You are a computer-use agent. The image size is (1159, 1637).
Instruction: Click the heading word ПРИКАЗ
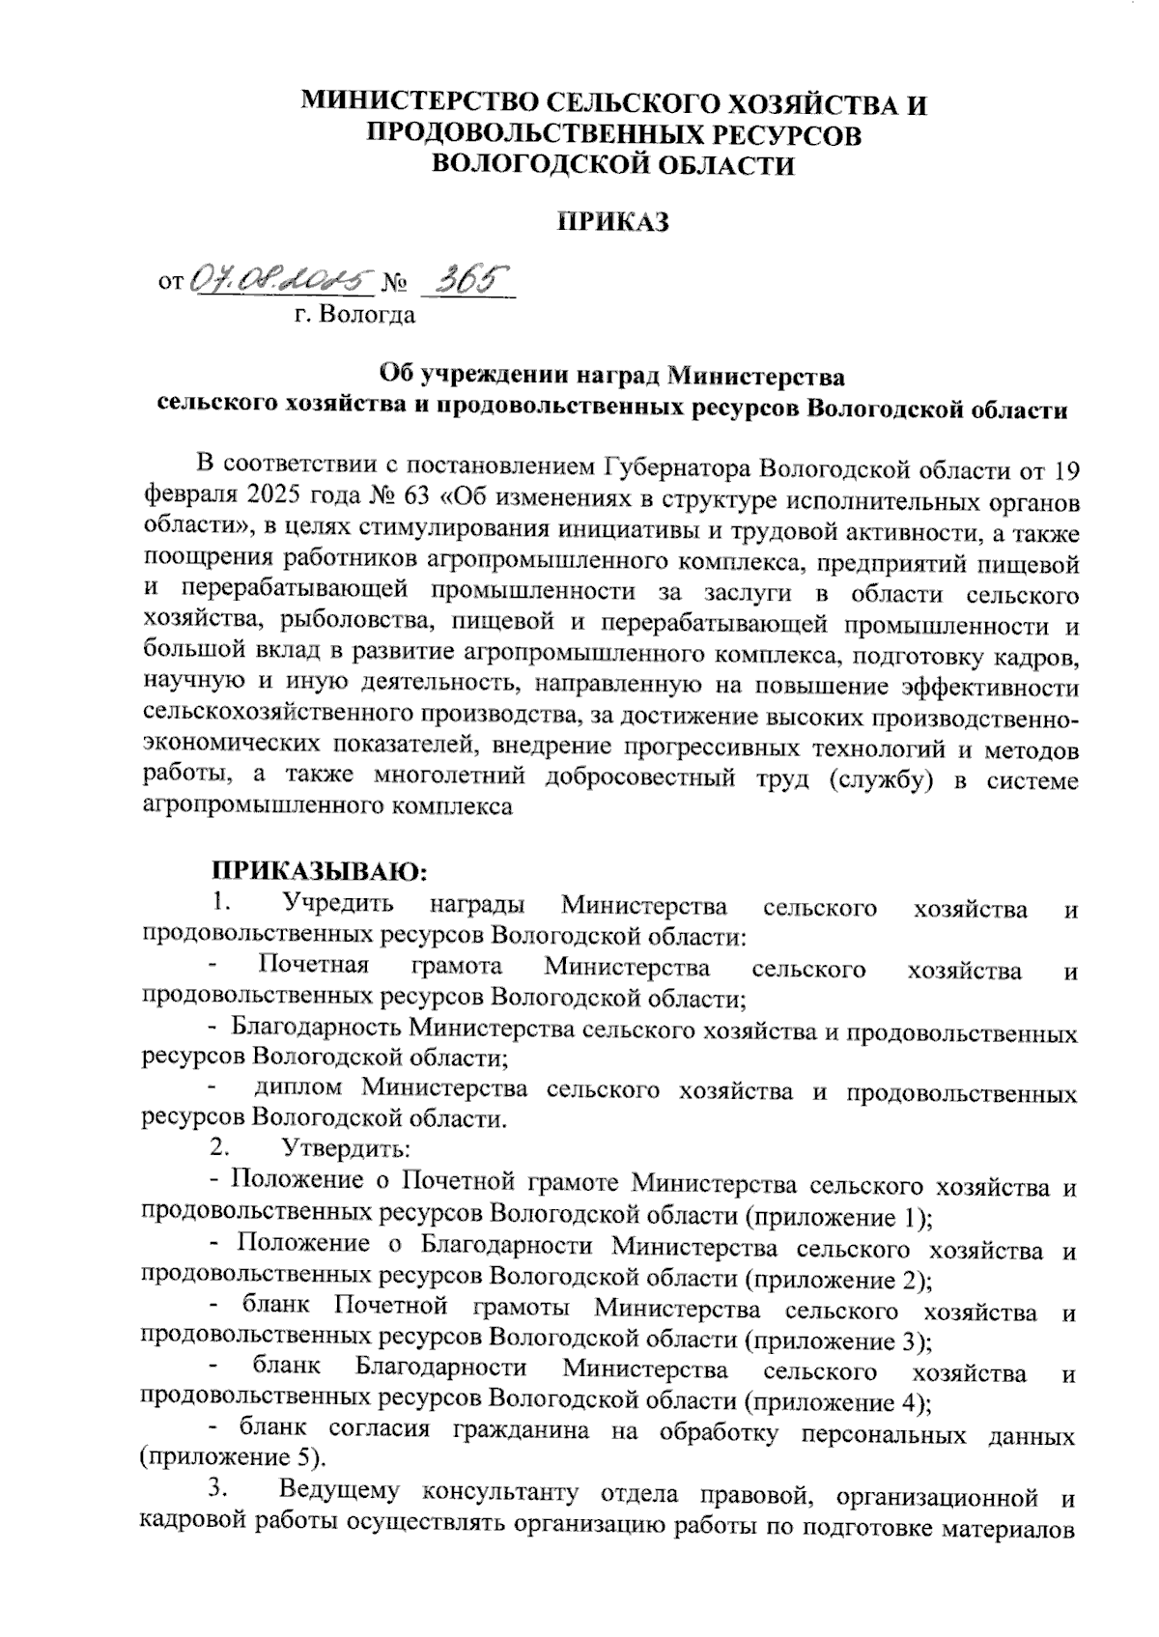[613, 222]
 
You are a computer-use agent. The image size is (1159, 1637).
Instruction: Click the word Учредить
[338, 906]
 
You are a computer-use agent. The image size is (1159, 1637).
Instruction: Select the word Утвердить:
[345, 1149]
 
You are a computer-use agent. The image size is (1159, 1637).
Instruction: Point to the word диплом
[298, 1089]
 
